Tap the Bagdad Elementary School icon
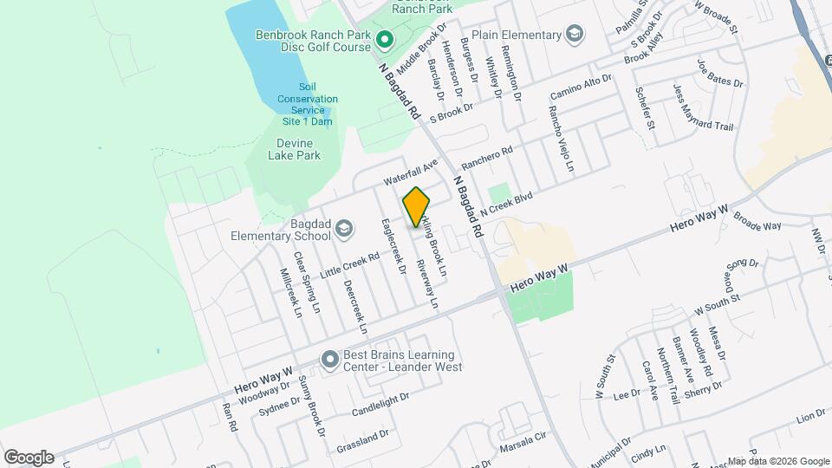tap(343, 228)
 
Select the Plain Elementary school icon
tap(574, 35)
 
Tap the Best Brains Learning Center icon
tap(328, 359)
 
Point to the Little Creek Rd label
tap(350, 264)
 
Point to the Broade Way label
tap(757, 225)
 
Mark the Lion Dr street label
tap(807, 419)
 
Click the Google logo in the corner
tap(29, 457)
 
